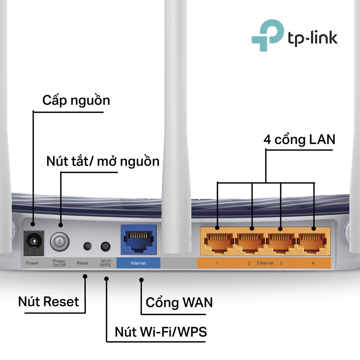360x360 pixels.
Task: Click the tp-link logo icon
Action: pyautogui.click(x=267, y=35)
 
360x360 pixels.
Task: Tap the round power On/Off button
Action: pyautogui.click(x=59, y=242)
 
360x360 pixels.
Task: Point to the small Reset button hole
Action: pyautogui.click(x=87, y=246)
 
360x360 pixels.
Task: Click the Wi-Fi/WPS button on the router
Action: pyautogui.click(x=105, y=246)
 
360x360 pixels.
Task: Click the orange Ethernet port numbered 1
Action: pyautogui.click(x=218, y=242)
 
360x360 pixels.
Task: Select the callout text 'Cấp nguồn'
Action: pyautogui.click(x=76, y=101)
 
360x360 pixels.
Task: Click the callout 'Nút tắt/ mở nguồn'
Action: pyautogui.click(x=103, y=161)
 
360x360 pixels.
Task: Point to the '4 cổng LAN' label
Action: pyautogui.click(x=299, y=140)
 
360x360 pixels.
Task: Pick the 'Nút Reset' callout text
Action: pyautogui.click(x=49, y=302)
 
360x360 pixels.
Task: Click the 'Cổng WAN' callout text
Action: pyautogui.click(x=179, y=302)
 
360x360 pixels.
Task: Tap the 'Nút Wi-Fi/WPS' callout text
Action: pyautogui.click(x=161, y=331)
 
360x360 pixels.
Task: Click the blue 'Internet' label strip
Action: pyautogui.click(x=138, y=263)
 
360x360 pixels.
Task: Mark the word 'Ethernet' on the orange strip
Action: pyautogui.click(x=265, y=263)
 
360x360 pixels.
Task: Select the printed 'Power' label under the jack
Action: pyautogui.click(x=32, y=263)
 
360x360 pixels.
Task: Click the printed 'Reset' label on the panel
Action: pyautogui.click(x=83, y=263)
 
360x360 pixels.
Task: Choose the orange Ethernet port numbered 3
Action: pyautogui.click(x=281, y=242)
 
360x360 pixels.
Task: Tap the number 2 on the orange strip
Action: pyautogui.click(x=249, y=263)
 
